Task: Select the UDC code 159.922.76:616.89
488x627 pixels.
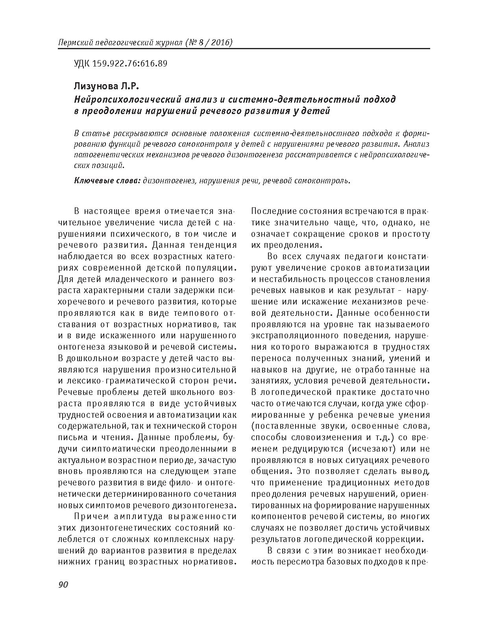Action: tap(130, 63)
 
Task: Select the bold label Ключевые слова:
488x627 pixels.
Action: tap(107, 181)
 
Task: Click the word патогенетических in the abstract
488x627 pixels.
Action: tap(105, 155)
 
